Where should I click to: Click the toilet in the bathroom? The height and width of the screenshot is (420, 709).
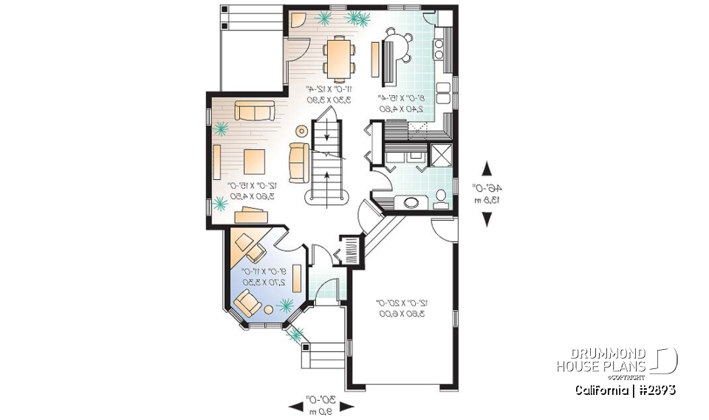tap(441, 196)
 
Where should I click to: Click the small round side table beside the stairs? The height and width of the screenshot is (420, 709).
tap(301, 131)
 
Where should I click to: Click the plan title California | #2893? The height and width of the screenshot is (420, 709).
tap(625, 389)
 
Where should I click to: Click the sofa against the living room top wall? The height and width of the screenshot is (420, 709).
tap(253, 111)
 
